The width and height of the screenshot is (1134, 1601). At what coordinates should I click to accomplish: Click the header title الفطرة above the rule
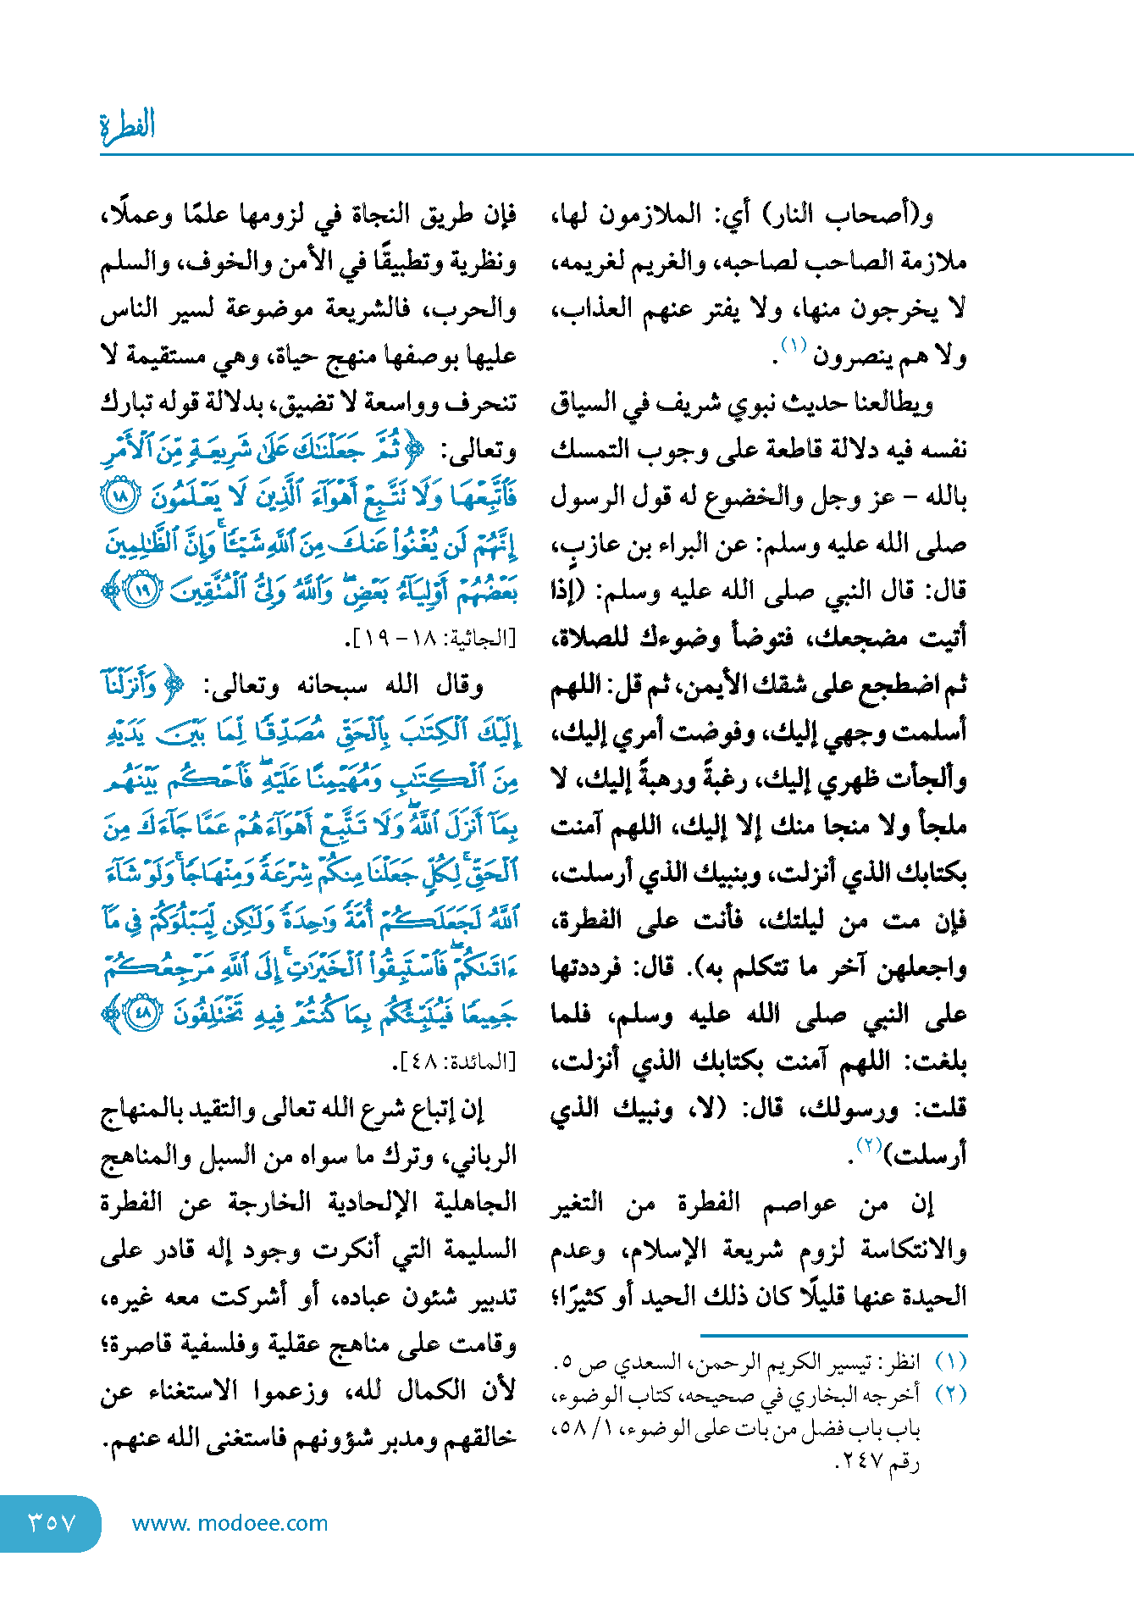pyautogui.click(x=128, y=126)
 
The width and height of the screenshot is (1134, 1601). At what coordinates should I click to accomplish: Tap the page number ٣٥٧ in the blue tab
pyautogui.click(x=53, y=1522)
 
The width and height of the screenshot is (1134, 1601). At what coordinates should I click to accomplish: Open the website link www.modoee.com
pyautogui.click(x=230, y=1523)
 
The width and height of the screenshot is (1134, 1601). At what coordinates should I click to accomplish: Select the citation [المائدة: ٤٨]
pyautogui.click(x=455, y=1061)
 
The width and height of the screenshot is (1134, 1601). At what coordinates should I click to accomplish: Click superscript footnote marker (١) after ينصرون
pyautogui.click(x=794, y=346)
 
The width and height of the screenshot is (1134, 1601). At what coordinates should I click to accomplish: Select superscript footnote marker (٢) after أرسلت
pyautogui.click(x=869, y=1145)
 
